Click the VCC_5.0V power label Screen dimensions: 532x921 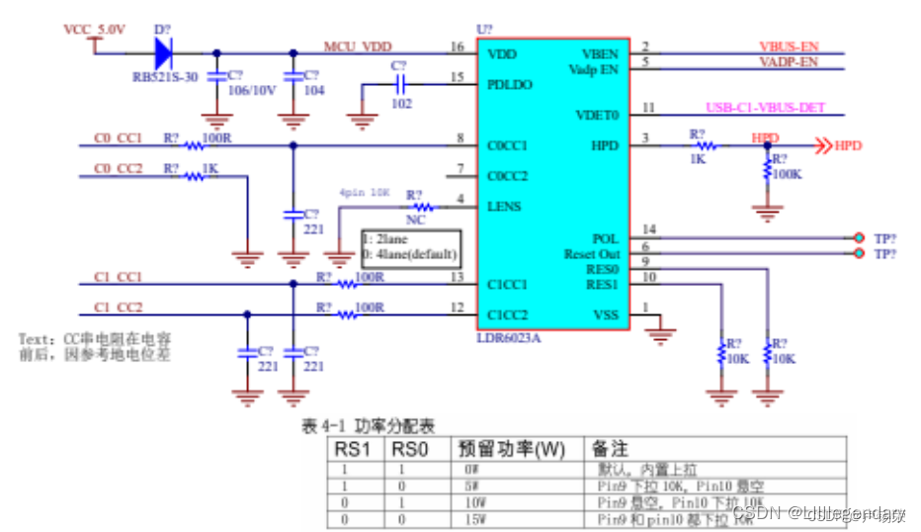tap(95, 30)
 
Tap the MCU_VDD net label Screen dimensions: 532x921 tap(357, 46)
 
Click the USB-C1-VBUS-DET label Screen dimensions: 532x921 tap(766, 108)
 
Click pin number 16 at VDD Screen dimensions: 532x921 tap(456, 46)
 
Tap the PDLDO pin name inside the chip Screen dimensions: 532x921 tap(510, 85)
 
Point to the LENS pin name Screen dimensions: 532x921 tap(503, 207)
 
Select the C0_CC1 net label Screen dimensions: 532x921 tap(118, 138)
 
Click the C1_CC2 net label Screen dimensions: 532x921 tap(118, 307)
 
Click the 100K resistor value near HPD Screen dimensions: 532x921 tap(787, 174)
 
